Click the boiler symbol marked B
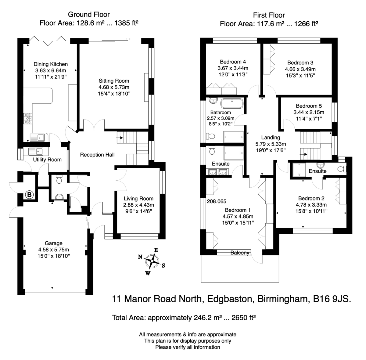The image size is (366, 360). pyautogui.click(x=30, y=195)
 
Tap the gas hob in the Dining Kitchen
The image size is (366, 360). pyautogui.click(x=28, y=119)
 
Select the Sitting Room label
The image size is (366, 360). pyautogui.click(x=114, y=81)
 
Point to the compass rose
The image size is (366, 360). pyautogui.click(x=152, y=261)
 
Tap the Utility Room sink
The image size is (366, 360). pyautogui.click(x=36, y=152)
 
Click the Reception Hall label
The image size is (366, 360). pyautogui.click(x=97, y=155)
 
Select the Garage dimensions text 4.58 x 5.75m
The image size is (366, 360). pyautogui.click(x=54, y=250)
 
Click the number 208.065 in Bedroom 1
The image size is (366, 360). pyautogui.click(x=217, y=201)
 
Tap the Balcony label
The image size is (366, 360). pyautogui.click(x=240, y=253)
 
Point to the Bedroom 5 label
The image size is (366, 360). pyautogui.click(x=309, y=106)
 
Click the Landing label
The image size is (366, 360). pyautogui.click(x=271, y=137)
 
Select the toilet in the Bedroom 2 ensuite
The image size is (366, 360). pyautogui.click(x=342, y=169)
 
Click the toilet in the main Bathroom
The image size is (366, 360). pyautogui.click(x=211, y=136)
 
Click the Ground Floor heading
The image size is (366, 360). pyautogui.click(x=89, y=14)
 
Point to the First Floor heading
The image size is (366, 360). pyautogui.click(x=269, y=15)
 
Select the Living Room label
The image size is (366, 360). pyautogui.click(x=138, y=199)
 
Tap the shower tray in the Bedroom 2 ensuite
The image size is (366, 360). pyautogui.click(x=299, y=169)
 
